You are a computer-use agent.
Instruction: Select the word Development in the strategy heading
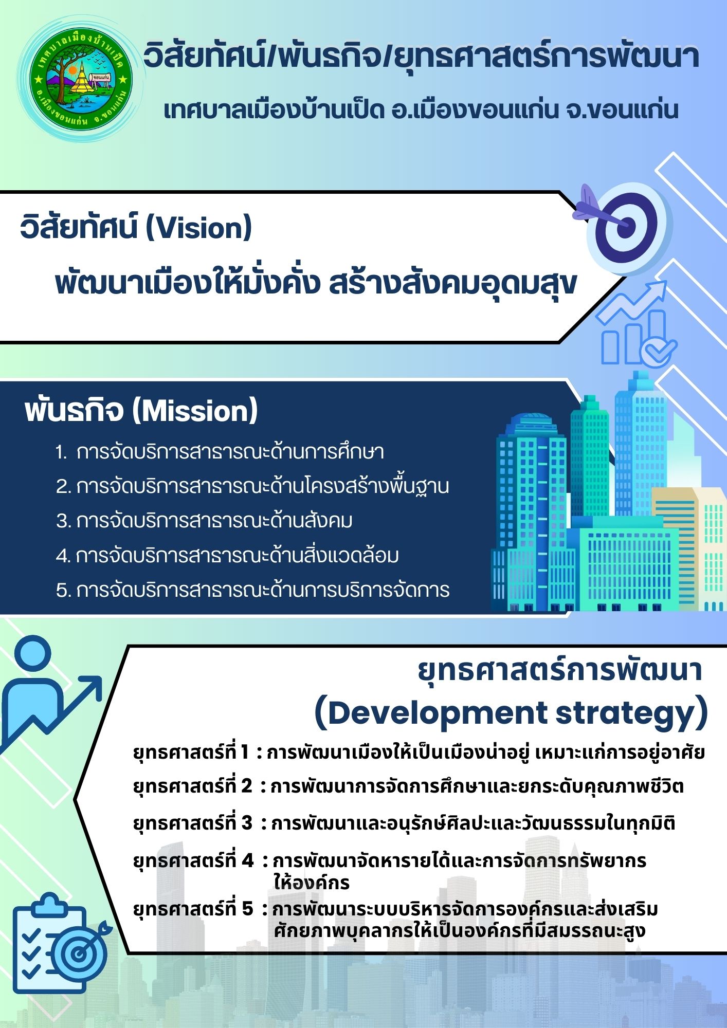tap(430, 713)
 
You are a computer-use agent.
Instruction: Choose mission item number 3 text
tap(204, 521)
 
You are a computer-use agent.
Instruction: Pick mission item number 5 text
tap(252, 590)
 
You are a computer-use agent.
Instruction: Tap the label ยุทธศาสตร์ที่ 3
tap(193, 824)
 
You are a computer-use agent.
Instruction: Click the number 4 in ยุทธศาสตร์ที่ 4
tap(247, 860)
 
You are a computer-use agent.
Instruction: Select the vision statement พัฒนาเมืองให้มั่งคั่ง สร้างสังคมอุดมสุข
tap(316, 284)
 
